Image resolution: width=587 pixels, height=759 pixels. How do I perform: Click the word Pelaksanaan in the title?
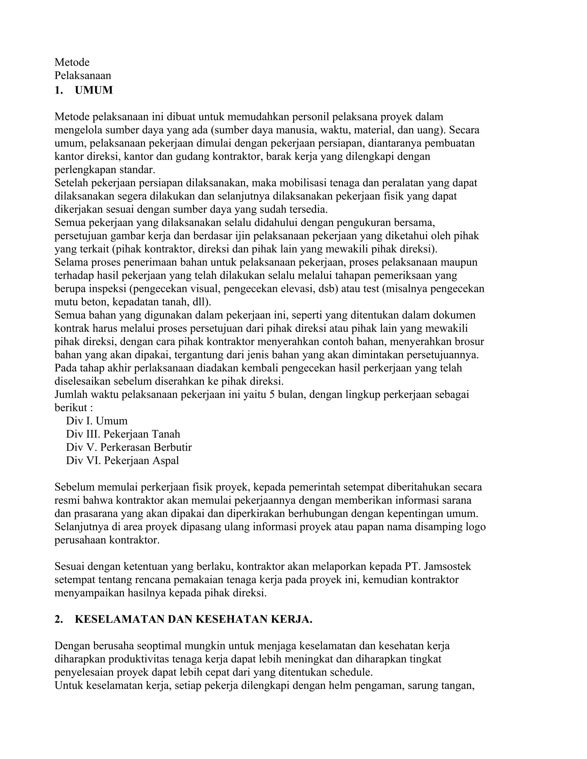pyautogui.click(x=83, y=76)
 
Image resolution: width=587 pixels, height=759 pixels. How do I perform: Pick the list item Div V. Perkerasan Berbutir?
pyautogui.click(x=129, y=447)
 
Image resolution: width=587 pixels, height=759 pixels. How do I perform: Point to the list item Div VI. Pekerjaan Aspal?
pyautogui.click(x=122, y=461)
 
